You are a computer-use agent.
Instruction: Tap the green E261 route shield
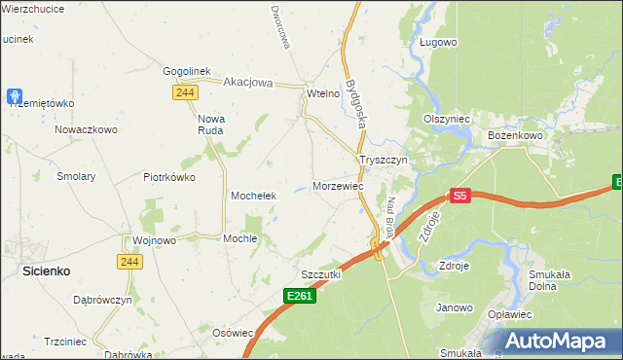coord(300,295)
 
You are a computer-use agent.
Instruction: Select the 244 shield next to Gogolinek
coord(184,91)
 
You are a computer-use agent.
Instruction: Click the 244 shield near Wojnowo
coord(129,262)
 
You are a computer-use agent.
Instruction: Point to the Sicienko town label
coord(45,272)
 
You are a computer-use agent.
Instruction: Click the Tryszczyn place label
coord(386,160)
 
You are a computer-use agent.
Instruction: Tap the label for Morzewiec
coord(339,185)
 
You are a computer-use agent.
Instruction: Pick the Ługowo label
coord(438,42)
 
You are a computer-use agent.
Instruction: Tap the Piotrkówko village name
coord(169,177)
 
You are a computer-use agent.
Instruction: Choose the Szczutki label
coord(320,274)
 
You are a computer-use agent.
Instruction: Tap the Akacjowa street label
coord(249,83)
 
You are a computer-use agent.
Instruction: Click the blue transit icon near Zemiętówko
coord(15,96)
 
